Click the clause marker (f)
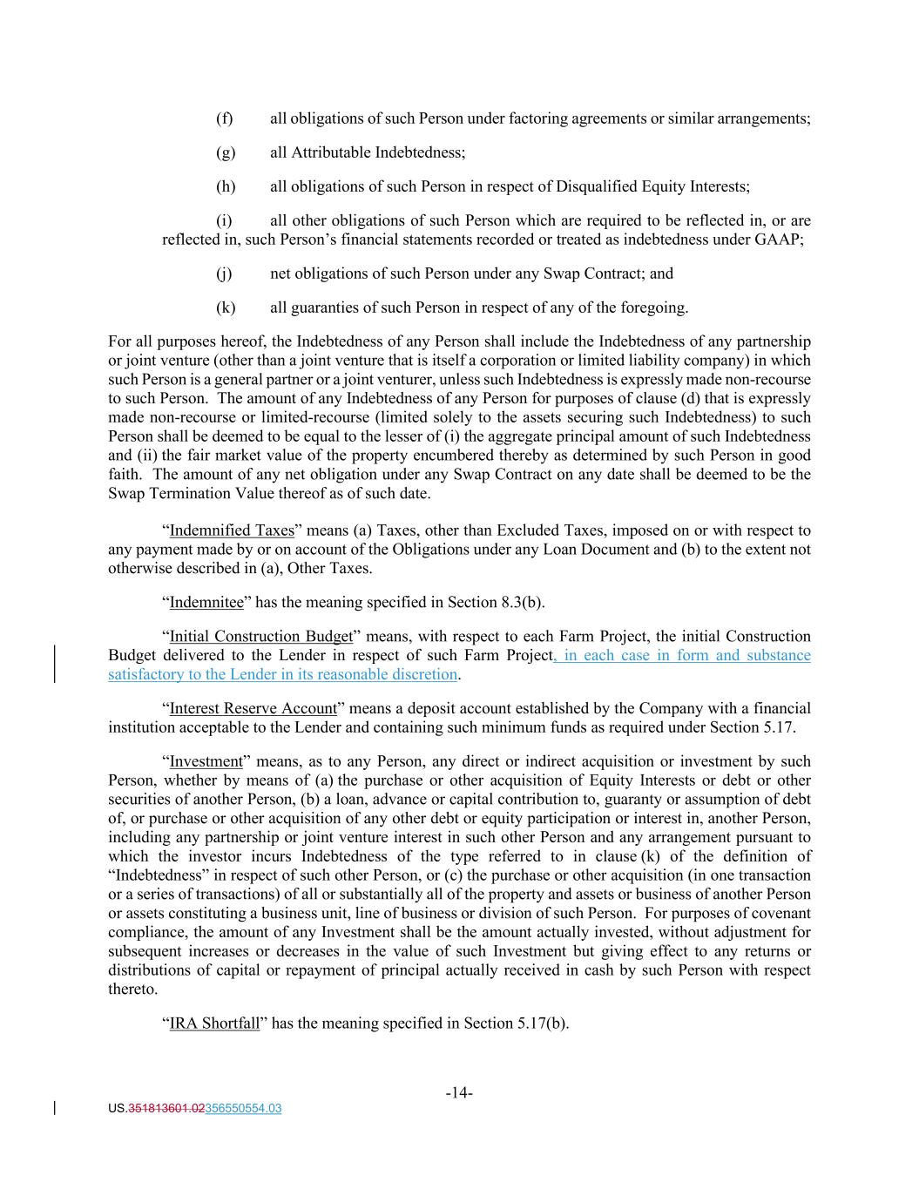224,118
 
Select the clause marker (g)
225,152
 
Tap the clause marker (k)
225,307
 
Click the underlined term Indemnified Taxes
231,530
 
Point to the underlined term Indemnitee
206,602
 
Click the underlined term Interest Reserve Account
253,708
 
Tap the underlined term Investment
206,761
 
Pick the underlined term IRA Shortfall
214,1023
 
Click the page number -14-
459,1093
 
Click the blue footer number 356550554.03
242,1109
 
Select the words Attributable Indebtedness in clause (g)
377,152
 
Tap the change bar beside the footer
56,1109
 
